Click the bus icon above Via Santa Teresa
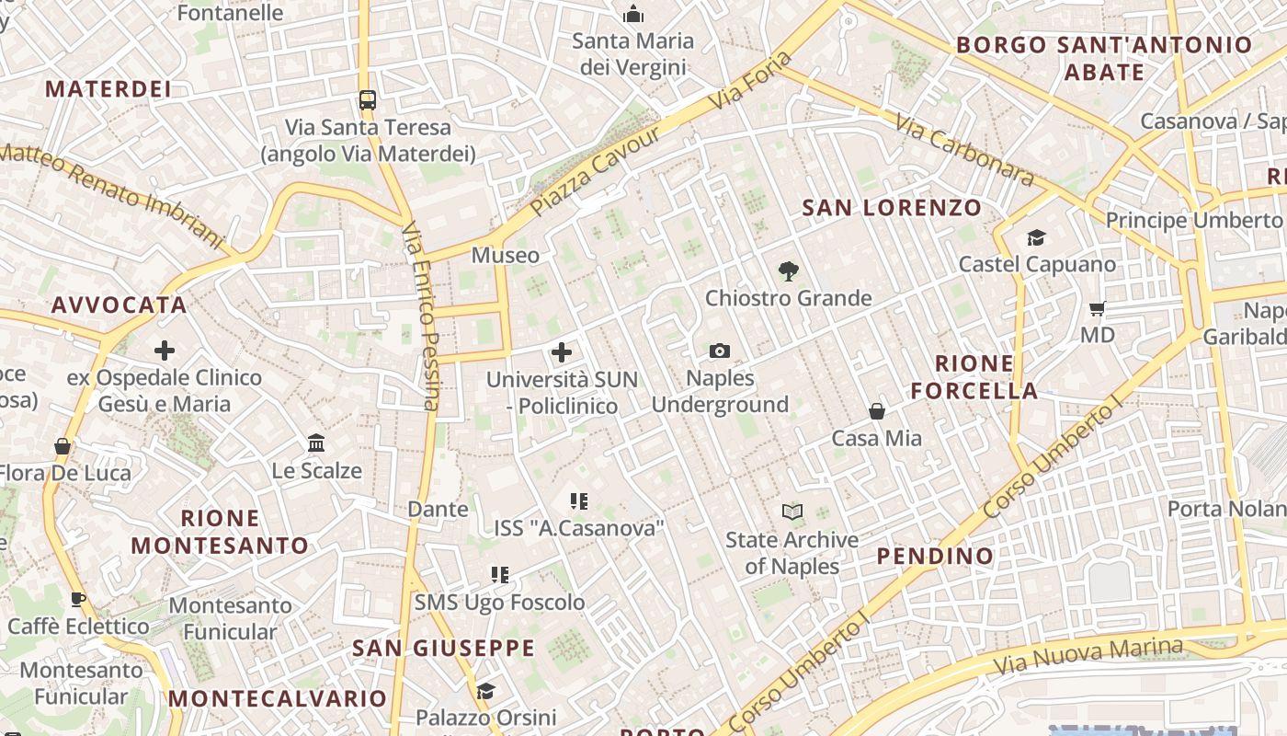[x=368, y=99]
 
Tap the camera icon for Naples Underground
[x=720, y=351]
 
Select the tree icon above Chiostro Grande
[x=788, y=270]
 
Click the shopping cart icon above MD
[x=1097, y=308]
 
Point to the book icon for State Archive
[x=792, y=512]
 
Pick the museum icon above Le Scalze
[x=317, y=443]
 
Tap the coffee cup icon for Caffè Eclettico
[x=78, y=600]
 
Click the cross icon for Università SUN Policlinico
[x=562, y=352]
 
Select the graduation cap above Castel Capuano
[x=1036, y=237]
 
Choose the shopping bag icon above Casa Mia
[x=877, y=410]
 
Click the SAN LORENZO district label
[x=892, y=208]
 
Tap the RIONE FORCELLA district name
[x=974, y=377]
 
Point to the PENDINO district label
[x=935, y=556]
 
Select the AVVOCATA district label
[x=120, y=305]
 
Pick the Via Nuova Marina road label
[x=1088, y=655]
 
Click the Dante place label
[x=438, y=509]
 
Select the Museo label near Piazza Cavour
[x=505, y=255]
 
